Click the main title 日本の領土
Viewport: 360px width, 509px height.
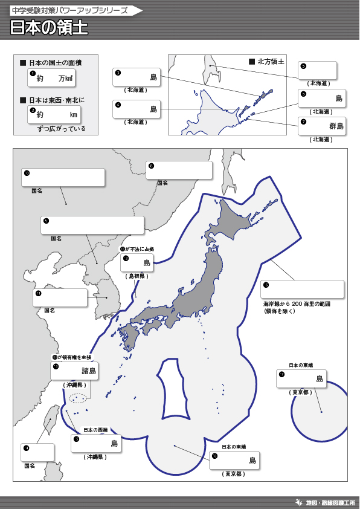coord(49,28)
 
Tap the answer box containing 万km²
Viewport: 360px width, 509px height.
coord(53,78)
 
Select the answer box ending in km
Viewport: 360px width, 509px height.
coord(54,114)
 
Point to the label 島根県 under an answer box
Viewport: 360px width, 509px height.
coord(137,275)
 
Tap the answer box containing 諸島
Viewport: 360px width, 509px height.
coord(76,371)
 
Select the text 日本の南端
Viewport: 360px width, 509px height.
coord(234,447)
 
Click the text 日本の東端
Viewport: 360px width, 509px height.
coord(300,365)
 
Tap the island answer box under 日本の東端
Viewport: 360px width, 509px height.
coord(301,378)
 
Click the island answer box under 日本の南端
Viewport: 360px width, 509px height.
coord(234,460)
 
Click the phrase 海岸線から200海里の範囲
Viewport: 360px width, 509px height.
coord(296,303)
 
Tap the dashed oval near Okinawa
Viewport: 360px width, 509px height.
coord(77,398)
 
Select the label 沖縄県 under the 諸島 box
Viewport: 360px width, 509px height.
coord(75,384)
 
